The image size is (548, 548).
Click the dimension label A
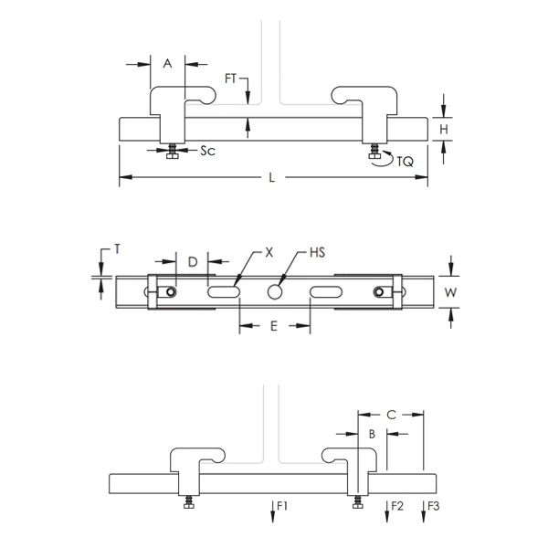point(167,63)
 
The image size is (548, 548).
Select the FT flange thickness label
point(231,79)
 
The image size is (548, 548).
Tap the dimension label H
point(443,130)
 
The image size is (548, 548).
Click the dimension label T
point(116,248)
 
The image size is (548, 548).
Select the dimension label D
point(193,262)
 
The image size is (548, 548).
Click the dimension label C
point(391,415)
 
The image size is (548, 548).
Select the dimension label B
point(371,435)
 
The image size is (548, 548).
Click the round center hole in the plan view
point(274,291)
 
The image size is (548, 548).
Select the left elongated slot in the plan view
point(224,291)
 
